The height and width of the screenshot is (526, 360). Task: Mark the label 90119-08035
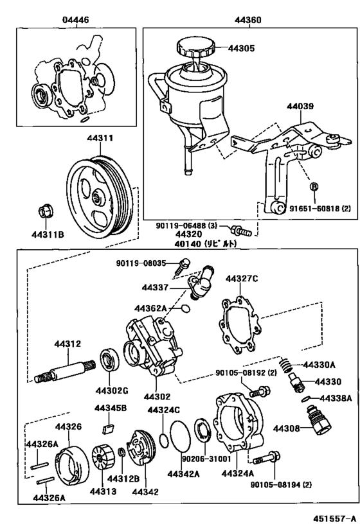pos(141,263)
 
